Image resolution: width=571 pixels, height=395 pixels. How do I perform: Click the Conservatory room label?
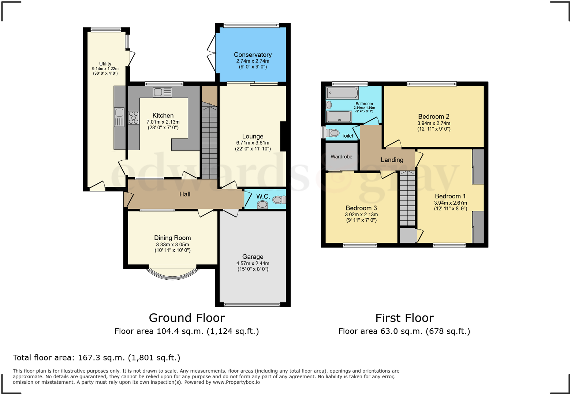tap(253, 55)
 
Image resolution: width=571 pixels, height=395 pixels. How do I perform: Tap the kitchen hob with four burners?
tap(134, 118)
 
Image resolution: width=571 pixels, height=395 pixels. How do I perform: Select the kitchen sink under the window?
tap(163, 92)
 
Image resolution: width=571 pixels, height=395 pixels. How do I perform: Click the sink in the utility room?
tap(119, 117)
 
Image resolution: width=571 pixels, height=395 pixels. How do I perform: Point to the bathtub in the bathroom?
tap(342, 93)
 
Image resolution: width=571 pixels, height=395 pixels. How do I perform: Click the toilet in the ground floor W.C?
tap(279, 200)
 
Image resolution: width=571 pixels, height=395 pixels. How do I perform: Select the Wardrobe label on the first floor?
tap(341, 157)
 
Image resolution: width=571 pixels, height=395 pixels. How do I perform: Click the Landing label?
tap(392, 160)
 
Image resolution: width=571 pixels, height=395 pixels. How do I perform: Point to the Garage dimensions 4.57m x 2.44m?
tap(253, 263)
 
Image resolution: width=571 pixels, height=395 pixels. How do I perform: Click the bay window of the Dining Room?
tap(172, 275)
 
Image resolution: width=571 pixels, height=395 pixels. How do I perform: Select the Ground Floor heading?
tap(187, 318)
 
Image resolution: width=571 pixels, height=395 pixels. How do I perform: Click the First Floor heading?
tap(404, 318)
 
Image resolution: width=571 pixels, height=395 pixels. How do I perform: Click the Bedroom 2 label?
tap(433, 116)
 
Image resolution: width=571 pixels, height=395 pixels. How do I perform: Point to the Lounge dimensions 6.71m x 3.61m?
tap(253, 143)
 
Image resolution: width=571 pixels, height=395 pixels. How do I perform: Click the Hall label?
tap(184, 194)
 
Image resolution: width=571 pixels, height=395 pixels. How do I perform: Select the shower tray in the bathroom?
tap(339, 117)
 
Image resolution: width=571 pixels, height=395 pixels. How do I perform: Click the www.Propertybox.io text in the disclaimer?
tap(236, 382)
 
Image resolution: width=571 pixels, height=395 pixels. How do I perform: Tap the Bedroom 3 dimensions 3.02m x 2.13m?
tap(361, 215)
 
